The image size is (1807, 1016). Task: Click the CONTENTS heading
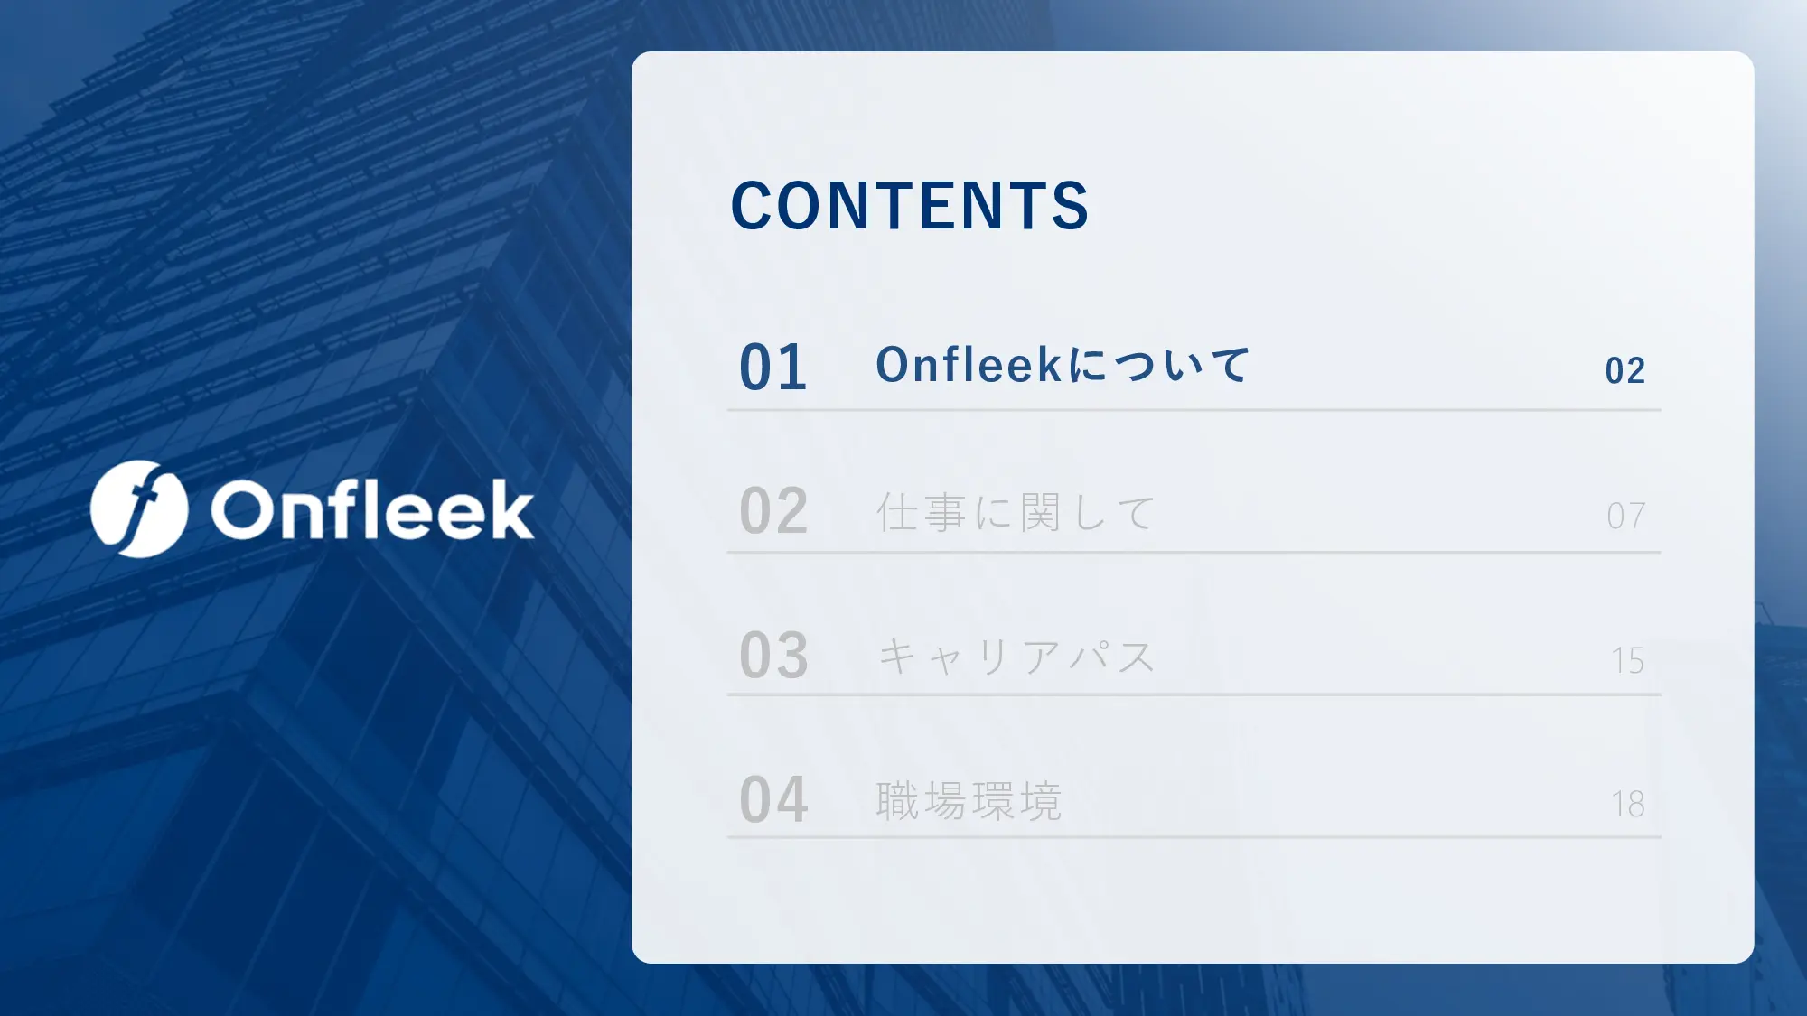click(910, 205)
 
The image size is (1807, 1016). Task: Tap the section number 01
click(773, 368)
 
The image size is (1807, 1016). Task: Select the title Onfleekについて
click(1063, 365)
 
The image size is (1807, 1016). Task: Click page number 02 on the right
click(1625, 371)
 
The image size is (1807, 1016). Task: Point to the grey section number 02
click(773, 511)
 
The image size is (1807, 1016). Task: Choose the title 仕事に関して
click(1016, 512)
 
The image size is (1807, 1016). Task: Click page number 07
click(1625, 516)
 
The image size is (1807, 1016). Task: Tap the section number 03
click(773, 656)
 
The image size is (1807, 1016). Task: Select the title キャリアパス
click(1016, 657)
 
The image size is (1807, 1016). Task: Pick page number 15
click(1628, 660)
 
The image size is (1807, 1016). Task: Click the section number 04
click(773, 799)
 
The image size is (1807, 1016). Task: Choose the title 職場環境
click(969, 800)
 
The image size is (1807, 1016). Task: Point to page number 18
click(1628, 804)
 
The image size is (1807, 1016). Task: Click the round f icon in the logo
click(139, 508)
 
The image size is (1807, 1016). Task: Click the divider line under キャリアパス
click(1194, 694)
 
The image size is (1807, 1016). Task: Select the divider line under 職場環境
click(1194, 837)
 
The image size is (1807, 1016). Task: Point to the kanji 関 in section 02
click(1039, 512)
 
